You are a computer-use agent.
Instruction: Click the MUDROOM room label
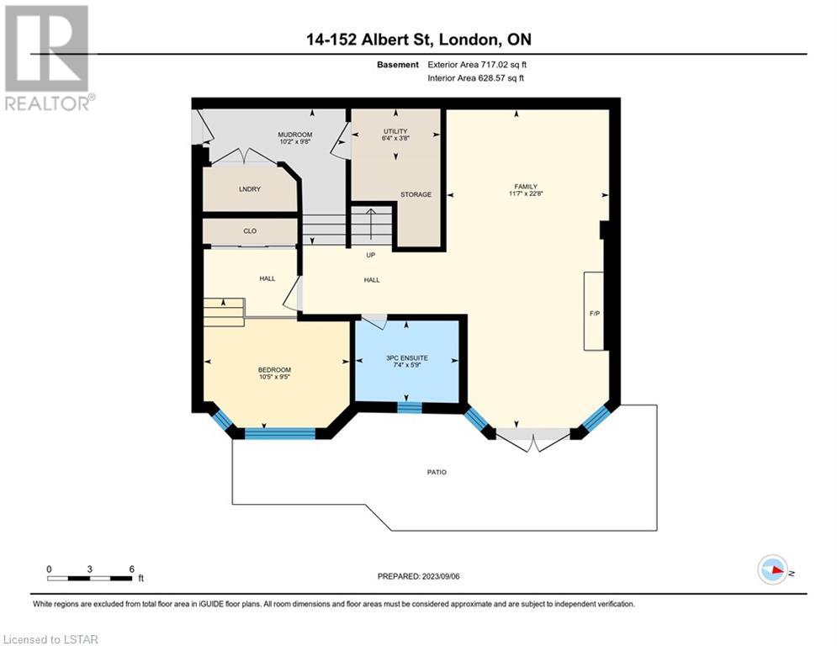[294, 135]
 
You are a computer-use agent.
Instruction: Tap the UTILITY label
[395, 131]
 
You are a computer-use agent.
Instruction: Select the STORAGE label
[416, 194]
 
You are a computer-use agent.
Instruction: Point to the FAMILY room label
[526, 187]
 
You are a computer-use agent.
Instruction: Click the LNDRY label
[250, 189]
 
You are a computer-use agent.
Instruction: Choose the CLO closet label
[250, 231]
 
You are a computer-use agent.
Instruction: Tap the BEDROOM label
[274, 369]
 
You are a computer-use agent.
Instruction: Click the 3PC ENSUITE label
[407, 357]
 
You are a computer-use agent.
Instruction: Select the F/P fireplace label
[595, 314]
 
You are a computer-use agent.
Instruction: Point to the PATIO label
[437, 472]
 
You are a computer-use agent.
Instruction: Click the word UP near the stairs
[370, 255]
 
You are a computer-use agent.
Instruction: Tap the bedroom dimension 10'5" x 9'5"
[274, 377]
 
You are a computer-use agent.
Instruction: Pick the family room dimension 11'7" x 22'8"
[526, 193]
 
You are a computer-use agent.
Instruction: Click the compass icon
[773, 569]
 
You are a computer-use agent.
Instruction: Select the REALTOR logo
[47, 58]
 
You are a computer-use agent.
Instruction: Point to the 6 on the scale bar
[131, 569]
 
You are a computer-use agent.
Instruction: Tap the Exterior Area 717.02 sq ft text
[477, 65]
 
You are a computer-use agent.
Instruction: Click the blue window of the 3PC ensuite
[410, 408]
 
